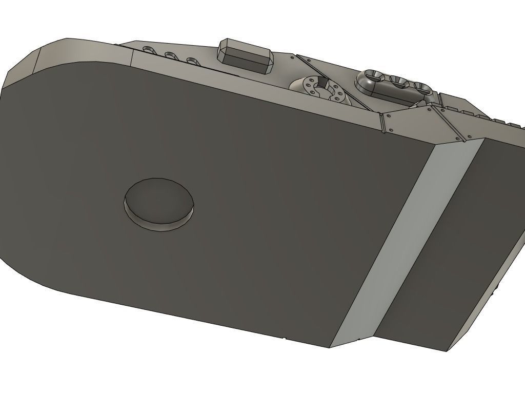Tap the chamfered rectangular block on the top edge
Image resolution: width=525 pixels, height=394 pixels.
pyautogui.click(x=245, y=56)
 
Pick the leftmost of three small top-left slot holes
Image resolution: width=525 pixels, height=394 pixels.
pyautogui.click(x=149, y=50)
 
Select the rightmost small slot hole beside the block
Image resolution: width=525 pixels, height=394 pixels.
pyautogui.click(x=193, y=61)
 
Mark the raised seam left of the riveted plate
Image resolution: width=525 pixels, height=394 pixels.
pyautogui.click(x=382, y=123)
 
